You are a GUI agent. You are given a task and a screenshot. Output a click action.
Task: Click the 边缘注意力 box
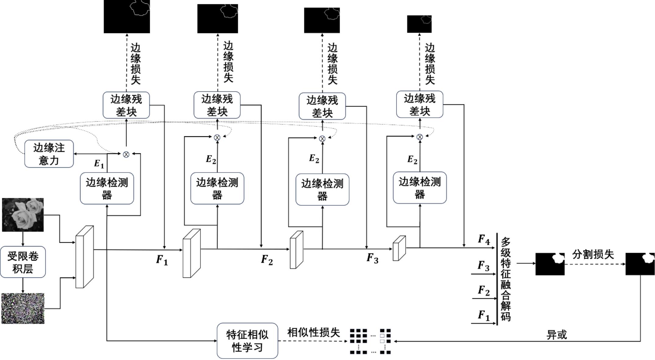click(x=49, y=154)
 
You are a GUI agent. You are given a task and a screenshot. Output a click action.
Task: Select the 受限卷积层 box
click(x=23, y=262)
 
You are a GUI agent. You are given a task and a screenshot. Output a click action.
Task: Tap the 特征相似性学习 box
click(x=247, y=341)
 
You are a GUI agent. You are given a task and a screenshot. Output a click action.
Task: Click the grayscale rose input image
click(x=23, y=215)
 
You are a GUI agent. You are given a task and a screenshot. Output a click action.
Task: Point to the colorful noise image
click(x=23, y=308)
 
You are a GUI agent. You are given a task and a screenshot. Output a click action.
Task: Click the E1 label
click(x=99, y=164)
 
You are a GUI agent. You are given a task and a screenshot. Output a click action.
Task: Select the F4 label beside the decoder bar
click(x=484, y=240)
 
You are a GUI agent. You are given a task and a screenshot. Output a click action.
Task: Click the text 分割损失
click(x=593, y=254)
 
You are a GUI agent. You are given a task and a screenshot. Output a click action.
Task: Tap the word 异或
click(x=557, y=335)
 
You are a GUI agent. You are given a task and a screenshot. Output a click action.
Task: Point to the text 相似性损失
click(x=313, y=332)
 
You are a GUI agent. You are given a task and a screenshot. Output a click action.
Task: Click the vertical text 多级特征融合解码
click(x=506, y=279)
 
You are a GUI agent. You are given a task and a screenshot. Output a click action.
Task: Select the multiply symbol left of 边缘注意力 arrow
click(x=126, y=155)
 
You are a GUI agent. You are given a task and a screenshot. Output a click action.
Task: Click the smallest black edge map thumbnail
click(x=419, y=24)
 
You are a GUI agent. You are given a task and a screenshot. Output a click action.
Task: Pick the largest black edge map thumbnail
click(x=127, y=16)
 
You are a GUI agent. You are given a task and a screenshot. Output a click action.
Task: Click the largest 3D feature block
click(x=84, y=257)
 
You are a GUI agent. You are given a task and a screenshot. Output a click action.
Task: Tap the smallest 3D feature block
click(x=399, y=248)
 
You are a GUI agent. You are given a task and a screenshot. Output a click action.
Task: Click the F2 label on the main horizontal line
click(x=267, y=260)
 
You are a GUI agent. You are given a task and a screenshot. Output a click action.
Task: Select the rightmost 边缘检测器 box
click(x=420, y=188)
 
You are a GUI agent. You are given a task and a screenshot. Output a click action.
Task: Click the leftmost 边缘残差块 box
click(x=126, y=105)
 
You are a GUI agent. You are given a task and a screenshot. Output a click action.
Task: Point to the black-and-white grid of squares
click(x=370, y=341)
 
